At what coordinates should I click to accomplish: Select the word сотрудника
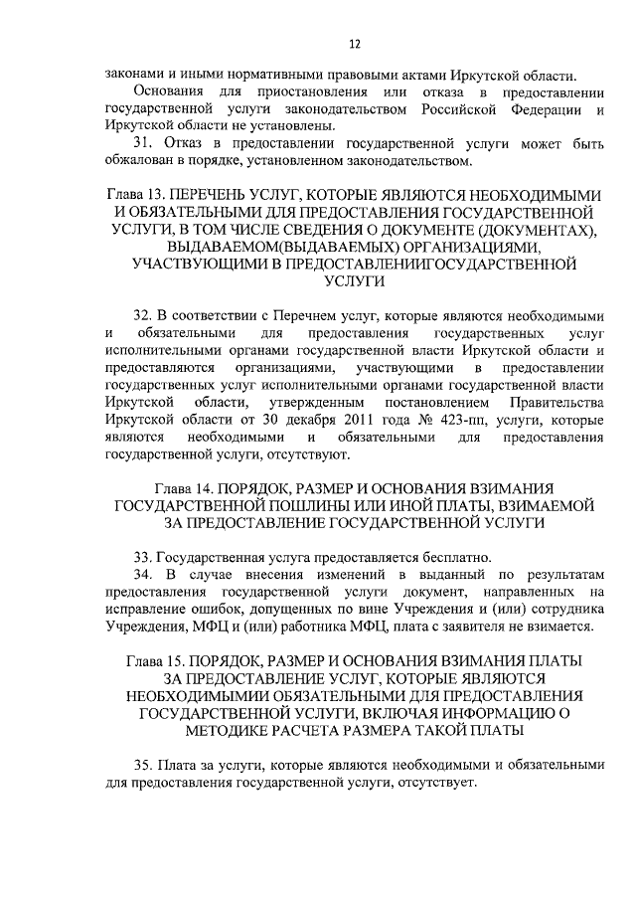click(561, 609)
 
